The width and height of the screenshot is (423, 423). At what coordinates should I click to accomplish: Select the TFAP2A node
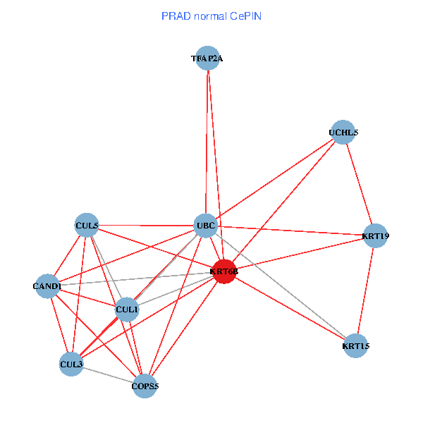(207, 59)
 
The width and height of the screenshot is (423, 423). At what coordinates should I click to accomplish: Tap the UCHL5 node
(343, 133)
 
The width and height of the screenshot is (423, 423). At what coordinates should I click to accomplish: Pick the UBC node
(205, 226)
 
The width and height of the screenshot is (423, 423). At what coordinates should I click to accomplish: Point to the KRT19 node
(375, 235)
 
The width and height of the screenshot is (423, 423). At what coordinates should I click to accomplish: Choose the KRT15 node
(356, 346)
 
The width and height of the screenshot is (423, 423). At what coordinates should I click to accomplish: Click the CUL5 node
(86, 225)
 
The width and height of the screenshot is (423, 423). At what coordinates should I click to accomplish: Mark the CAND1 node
(47, 286)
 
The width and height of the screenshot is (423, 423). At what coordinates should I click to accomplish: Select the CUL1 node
(126, 309)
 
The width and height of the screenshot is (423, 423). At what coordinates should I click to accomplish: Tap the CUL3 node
(71, 364)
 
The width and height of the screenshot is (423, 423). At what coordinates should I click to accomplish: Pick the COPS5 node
(145, 386)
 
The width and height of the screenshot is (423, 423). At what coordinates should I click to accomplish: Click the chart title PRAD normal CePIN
(211, 16)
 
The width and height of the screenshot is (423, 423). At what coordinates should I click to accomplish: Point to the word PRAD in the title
(175, 16)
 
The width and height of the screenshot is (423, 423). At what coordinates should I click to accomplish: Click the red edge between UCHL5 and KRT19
(359, 184)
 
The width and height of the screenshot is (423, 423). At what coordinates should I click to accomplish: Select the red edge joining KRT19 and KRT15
(366, 290)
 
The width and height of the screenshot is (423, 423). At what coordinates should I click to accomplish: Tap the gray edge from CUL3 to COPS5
(108, 375)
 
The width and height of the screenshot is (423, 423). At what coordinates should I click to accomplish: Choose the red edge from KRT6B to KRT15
(290, 309)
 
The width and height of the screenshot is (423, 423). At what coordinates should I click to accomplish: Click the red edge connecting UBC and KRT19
(290, 231)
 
